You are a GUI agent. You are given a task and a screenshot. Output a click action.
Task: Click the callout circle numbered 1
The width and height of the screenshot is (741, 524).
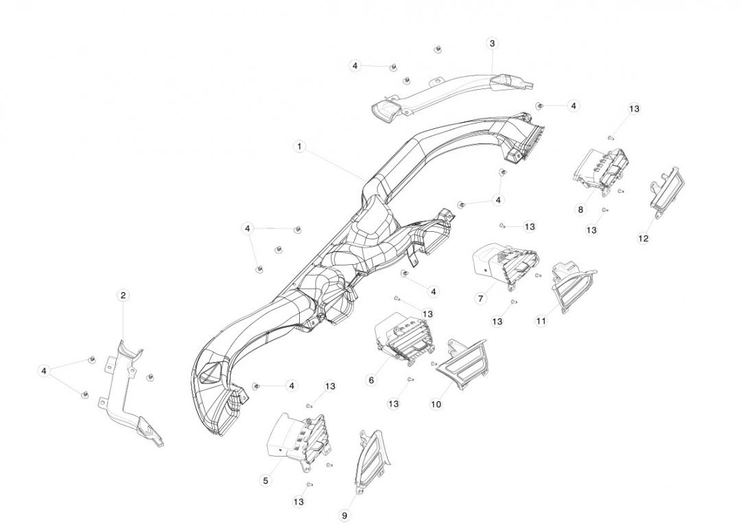pyautogui.click(x=299, y=147)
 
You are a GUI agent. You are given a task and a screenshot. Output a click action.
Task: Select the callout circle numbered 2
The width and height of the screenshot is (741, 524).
pyautogui.click(x=123, y=296)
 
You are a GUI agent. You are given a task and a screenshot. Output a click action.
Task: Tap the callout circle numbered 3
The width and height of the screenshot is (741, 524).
pyautogui.click(x=492, y=43)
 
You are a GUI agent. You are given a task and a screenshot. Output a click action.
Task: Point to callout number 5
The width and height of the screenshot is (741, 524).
pyautogui.click(x=266, y=480)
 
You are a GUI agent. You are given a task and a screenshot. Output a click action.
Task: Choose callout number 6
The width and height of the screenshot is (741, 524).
pyautogui.click(x=371, y=380)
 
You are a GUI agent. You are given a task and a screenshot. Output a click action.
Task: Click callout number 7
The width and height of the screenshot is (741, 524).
pyautogui.click(x=480, y=298)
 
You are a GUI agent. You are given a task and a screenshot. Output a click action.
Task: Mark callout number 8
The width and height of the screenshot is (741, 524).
pyautogui.click(x=581, y=209)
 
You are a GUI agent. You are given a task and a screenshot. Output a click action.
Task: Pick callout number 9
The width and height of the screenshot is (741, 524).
pyautogui.click(x=344, y=515)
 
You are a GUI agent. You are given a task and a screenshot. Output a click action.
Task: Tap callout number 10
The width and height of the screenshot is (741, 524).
pyautogui.click(x=436, y=405)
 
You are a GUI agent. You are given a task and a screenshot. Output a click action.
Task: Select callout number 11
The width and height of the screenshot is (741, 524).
pyautogui.click(x=541, y=321)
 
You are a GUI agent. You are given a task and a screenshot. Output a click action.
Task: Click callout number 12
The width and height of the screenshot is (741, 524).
pyautogui.click(x=643, y=239)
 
